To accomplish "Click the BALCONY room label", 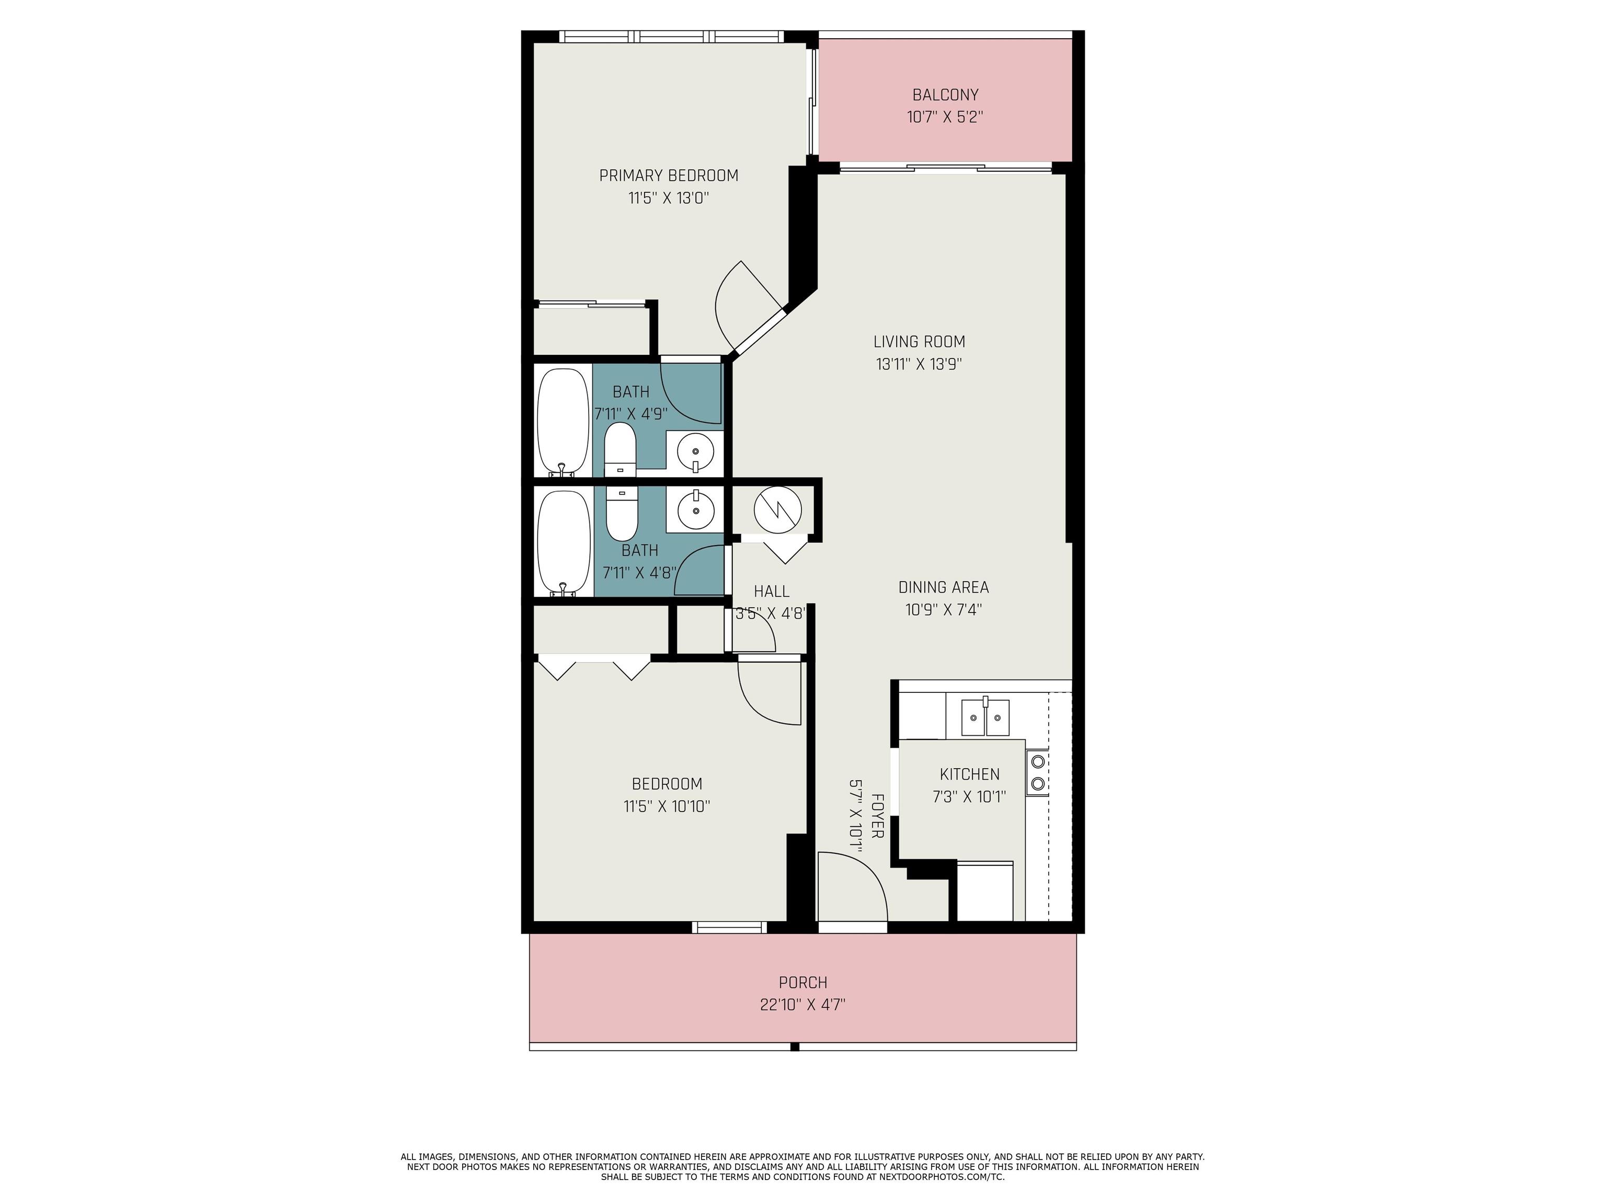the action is click(945, 95).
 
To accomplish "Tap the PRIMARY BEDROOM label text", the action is click(668, 175).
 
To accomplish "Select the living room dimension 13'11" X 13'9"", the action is click(919, 364).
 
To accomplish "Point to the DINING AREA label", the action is click(943, 587).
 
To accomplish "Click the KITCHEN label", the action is click(969, 774).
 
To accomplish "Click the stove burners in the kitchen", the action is click(1038, 772).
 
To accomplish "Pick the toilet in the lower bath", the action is click(622, 514).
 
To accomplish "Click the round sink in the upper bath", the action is click(695, 452).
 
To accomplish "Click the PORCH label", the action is click(802, 982).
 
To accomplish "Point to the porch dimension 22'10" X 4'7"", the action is click(802, 1005).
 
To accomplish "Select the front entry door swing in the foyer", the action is click(852, 887).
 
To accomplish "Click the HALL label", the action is click(771, 592).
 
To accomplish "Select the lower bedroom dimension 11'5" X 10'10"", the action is click(667, 806).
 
